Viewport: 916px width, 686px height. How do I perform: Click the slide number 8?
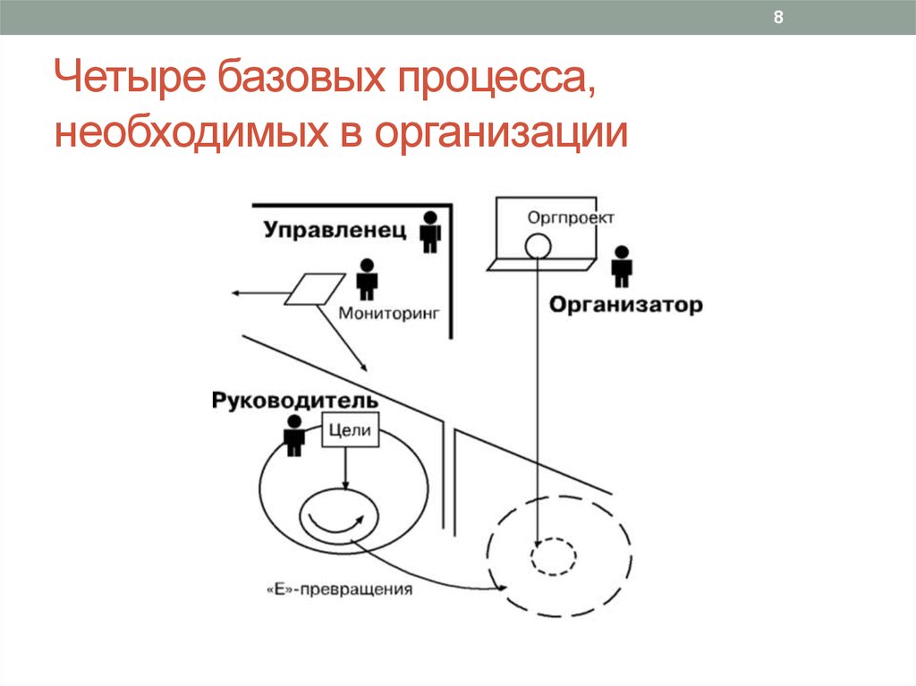click(x=778, y=19)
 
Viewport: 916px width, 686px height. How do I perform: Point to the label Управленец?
click(x=335, y=231)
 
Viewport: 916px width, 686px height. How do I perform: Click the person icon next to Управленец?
click(x=431, y=231)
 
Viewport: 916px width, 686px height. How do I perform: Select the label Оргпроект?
click(x=558, y=217)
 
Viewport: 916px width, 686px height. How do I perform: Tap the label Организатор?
click(x=625, y=305)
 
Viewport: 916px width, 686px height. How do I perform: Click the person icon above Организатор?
click(x=622, y=266)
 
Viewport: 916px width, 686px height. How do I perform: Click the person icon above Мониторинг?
click(x=367, y=278)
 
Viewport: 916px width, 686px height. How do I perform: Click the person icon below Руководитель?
click(x=293, y=436)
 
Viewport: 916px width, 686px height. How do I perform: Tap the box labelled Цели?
click(x=350, y=431)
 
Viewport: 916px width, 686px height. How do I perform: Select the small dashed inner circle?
click(x=552, y=557)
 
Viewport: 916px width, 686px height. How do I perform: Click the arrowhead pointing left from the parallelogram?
click(x=234, y=292)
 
